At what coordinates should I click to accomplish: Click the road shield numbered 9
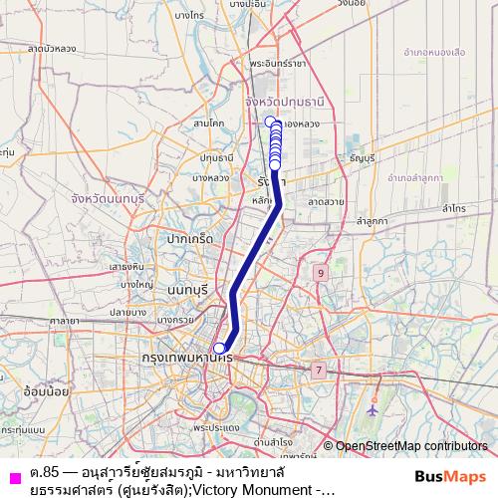pos(320,272)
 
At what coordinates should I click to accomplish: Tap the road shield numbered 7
pos(319,371)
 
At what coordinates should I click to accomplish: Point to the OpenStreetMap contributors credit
pos(410,446)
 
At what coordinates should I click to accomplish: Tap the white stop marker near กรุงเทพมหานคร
pos(219,348)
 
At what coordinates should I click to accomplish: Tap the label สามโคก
pos(210,123)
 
